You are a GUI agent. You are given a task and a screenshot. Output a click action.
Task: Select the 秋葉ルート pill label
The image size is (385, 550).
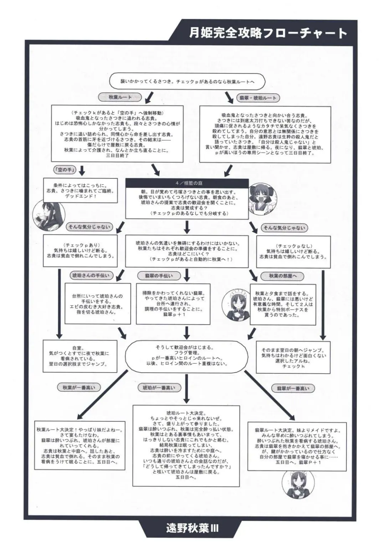120,97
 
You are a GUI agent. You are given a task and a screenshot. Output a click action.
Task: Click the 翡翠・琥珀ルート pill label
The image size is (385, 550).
258,98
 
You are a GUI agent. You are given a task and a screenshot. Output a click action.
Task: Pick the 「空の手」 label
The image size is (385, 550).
65,170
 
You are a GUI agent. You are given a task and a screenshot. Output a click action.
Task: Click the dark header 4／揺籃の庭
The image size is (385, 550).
187,183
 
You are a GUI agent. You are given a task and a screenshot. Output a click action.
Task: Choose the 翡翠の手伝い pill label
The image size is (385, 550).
159,276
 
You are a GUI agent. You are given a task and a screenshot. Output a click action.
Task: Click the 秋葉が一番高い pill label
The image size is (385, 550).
79,387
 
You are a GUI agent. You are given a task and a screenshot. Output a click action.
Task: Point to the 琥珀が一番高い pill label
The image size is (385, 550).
159,388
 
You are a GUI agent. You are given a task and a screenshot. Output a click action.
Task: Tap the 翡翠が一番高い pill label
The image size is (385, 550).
293,388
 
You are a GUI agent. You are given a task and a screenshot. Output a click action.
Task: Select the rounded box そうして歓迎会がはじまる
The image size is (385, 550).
186,356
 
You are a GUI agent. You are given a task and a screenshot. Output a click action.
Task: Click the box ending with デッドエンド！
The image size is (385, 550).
80,191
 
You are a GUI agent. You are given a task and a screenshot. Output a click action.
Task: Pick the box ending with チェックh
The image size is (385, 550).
293,357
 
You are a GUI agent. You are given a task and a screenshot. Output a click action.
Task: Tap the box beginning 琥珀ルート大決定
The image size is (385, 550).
186,446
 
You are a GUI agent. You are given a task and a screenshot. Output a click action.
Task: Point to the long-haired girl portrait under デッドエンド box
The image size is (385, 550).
48,215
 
